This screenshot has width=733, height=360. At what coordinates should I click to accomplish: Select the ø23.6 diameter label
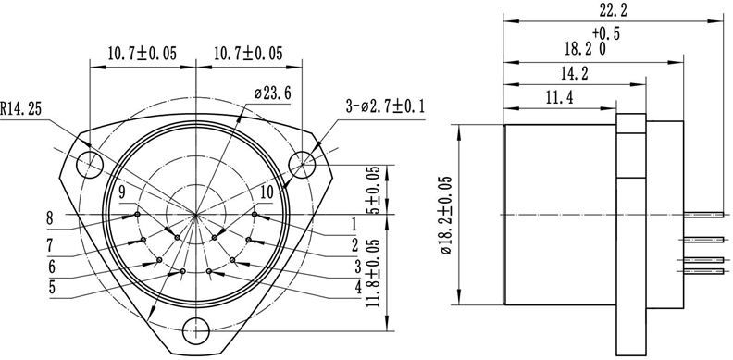[272, 93]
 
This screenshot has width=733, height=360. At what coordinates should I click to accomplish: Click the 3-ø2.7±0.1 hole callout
[384, 106]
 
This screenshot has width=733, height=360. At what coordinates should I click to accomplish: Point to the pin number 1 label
[353, 223]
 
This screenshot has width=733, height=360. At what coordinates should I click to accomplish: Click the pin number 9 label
[121, 192]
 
